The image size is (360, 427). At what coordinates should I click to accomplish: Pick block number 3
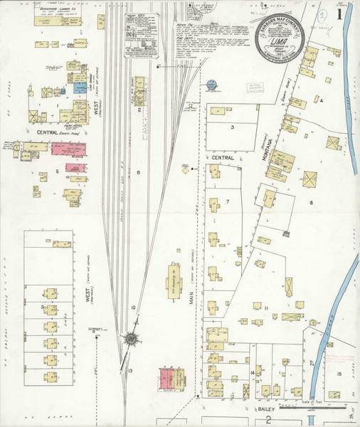click(232, 127)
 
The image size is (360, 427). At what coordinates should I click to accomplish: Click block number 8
click(310, 203)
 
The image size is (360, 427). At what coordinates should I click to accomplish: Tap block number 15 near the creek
click(339, 373)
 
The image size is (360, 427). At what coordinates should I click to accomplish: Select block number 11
click(265, 309)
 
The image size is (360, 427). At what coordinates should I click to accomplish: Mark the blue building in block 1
click(80, 88)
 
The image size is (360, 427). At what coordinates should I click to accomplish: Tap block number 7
click(228, 201)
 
